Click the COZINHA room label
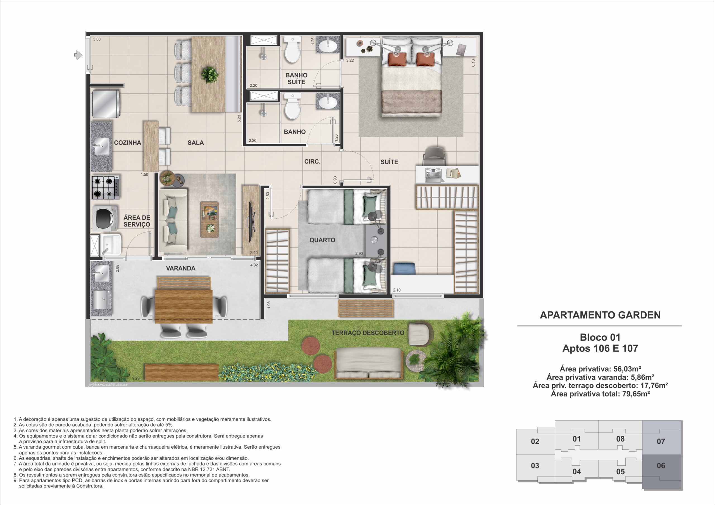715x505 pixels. (x=127, y=143)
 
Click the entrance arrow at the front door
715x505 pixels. (x=78, y=56)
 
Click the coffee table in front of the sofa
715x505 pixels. (x=209, y=220)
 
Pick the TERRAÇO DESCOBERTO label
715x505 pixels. (x=368, y=333)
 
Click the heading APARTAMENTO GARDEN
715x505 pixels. (x=600, y=315)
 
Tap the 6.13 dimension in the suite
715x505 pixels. (x=473, y=63)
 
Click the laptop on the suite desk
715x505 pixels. (x=433, y=175)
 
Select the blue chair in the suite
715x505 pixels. (x=404, y=268)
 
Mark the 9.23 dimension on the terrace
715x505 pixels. (x=136, y=378)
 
